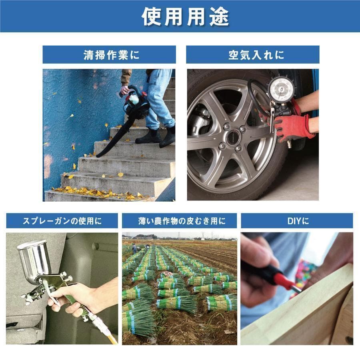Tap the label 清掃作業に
[x=109, y=55]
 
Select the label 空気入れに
[x=253, y=55]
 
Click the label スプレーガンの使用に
[x=62, y=221]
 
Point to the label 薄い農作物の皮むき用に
[x=179, y=221]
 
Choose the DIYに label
[x=296, y=221]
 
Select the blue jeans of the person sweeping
[x=158, y=96]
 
